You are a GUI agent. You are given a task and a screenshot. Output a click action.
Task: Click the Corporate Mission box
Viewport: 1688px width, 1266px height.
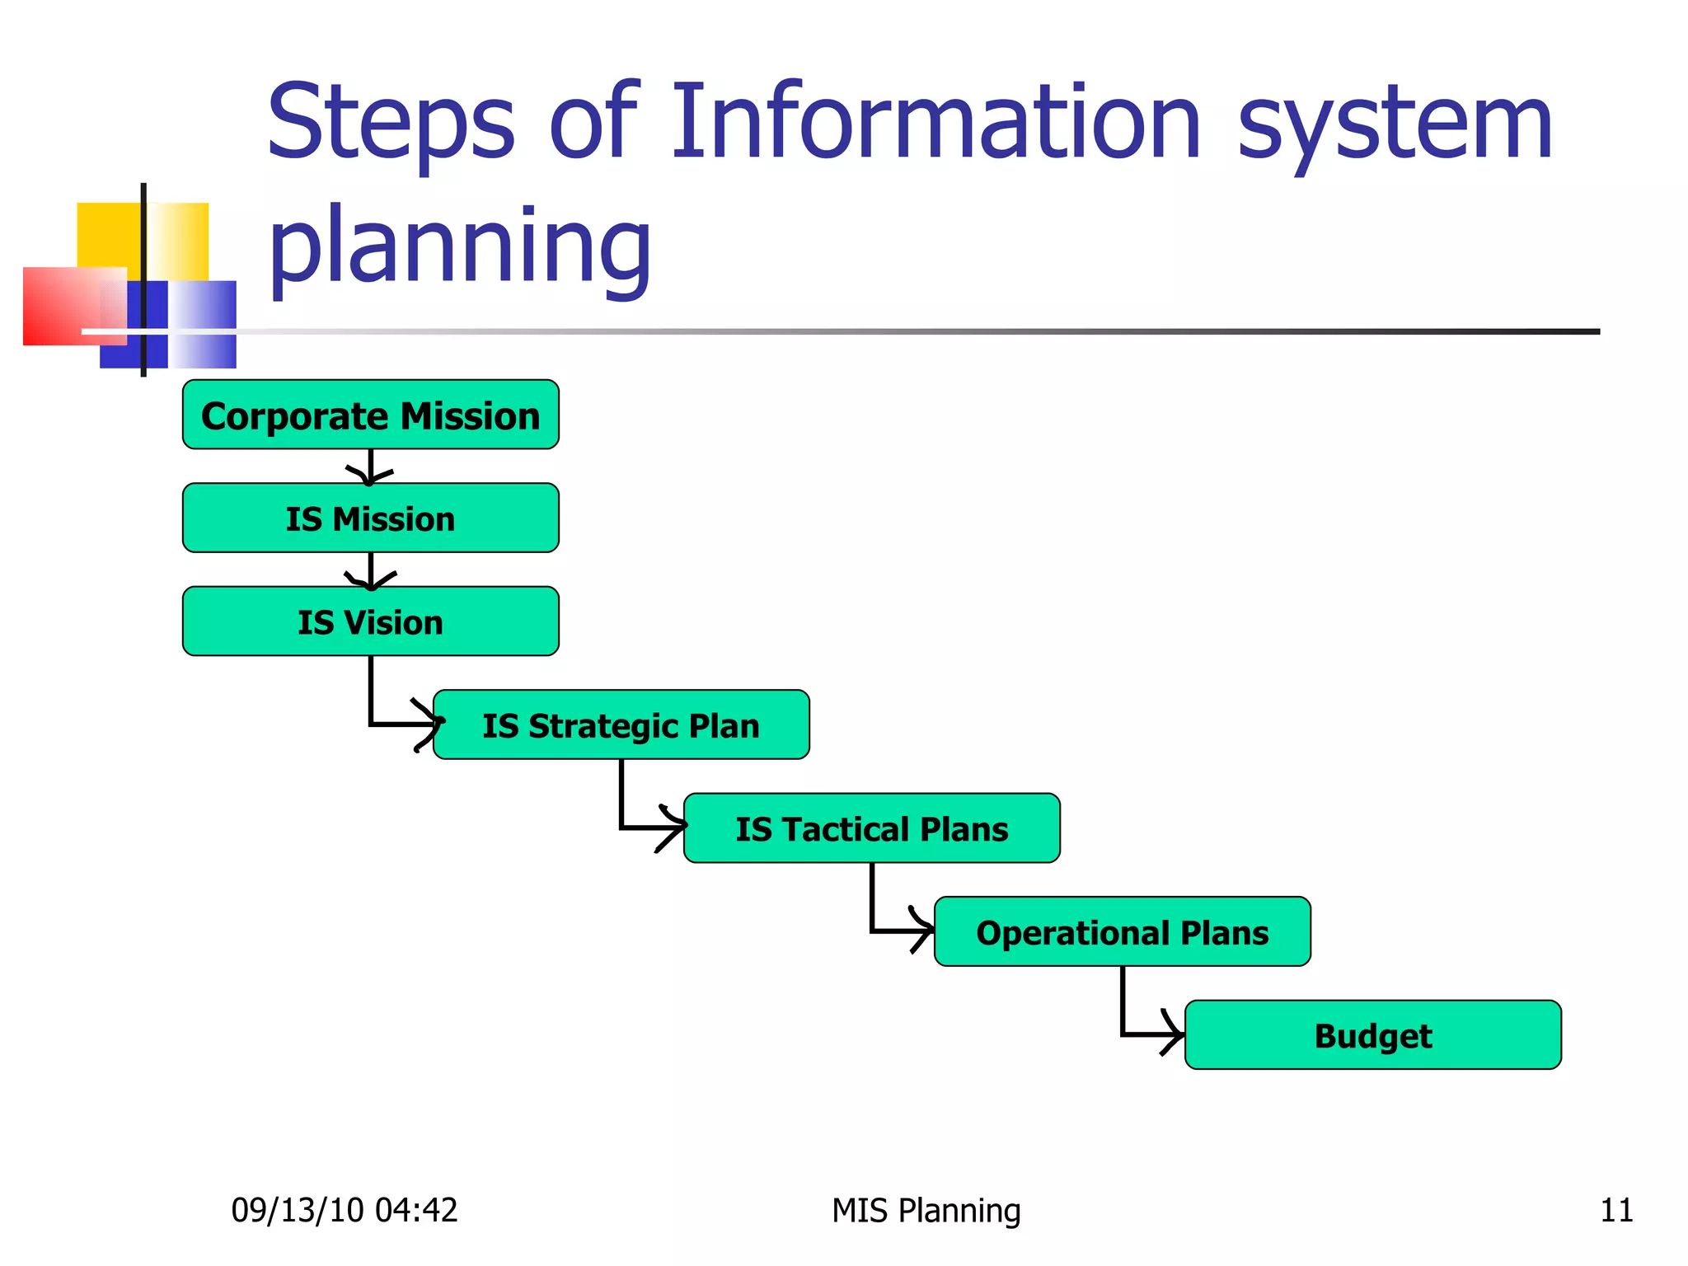pyautogui.click(x=370, y=415)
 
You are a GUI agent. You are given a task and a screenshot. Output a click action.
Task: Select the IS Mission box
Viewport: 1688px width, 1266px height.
pyautogui.click(x=370, y=518)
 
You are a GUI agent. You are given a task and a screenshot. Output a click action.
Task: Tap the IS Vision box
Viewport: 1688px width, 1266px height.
pyautogui.click(x=370, y=621)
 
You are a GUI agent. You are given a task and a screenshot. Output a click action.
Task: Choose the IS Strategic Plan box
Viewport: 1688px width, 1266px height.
pyautogui.click(x=621, y=724)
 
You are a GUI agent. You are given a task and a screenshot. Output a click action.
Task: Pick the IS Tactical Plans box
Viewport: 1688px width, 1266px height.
pyautogui.click(x=871, y=828)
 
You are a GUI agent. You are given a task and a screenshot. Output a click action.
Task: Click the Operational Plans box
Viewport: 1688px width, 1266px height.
pyautogui.click(x=1122, y=931)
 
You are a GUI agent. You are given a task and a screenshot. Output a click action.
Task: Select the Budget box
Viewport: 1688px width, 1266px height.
pyautogui.click(x=1372, y=1034)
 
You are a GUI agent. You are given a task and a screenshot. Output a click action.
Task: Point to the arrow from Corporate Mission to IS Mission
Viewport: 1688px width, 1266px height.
pyautogui.click(x=370, y=467)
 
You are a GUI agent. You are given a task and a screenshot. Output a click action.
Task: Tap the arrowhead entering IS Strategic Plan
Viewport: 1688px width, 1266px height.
pyautogui.click(x=429, y=724)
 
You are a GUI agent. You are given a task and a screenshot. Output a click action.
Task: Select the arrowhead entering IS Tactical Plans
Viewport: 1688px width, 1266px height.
pyautogui.click(x=674, y=828)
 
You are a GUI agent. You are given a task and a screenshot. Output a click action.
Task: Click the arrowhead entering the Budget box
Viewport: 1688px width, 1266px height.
pyautogui.click(x=1174, y=1034)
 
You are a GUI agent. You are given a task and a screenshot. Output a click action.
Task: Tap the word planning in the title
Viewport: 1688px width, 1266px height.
pyautogui.click(x=460, y=247)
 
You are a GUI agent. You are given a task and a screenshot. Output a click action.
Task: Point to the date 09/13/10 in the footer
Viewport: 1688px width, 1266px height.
pyautogui.click(x=297, y=1210)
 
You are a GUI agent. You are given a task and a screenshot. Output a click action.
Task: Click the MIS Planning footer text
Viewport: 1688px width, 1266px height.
pyautogui.click(x=926, y=1210)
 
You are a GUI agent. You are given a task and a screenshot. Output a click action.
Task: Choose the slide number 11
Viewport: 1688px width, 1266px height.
pyautogui.click(x=1615, y=1210)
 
